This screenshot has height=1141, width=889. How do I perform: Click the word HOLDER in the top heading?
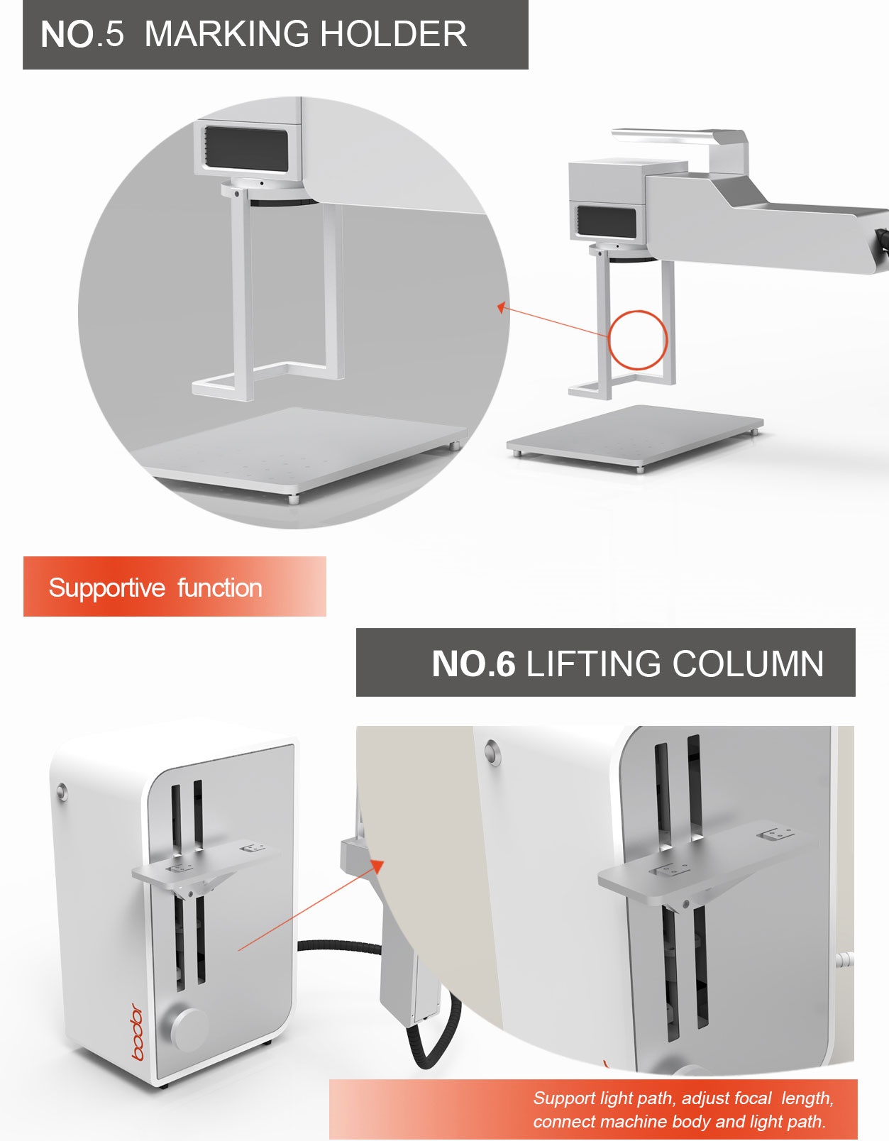(x=393, y=34)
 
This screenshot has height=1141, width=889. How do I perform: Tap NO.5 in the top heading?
(x=82, y=34)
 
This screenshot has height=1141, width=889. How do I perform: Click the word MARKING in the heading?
(x=227, y=34)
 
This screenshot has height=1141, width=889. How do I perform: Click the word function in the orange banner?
(x=220, y=588)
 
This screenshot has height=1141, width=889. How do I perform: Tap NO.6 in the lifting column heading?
(x=473, y=663)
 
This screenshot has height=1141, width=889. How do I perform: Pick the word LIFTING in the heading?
(x=593, y=663)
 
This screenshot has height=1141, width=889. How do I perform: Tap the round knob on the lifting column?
(x=189, y=1030)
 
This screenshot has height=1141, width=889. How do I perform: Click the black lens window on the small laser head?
(x=607, y=222)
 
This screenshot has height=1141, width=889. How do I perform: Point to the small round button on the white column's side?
(x=62, y=791)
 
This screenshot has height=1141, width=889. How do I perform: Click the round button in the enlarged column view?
(x=492, y=752)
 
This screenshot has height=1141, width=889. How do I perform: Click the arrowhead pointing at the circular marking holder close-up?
(x=502, y=307)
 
